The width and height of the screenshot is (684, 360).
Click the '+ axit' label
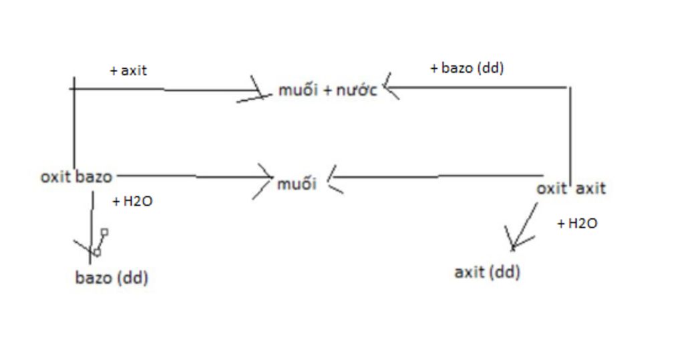[128, 70]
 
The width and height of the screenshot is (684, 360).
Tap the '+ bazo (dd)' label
[467, 67]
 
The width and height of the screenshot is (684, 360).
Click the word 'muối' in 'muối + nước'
[298, 90]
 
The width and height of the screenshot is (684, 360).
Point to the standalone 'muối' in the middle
[297, 183]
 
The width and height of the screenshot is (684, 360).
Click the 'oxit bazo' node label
[76, 177]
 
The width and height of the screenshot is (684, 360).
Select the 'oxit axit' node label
[571, 188]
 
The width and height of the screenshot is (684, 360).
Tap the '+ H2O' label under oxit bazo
[133, 201]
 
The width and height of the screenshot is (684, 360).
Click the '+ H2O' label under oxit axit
[577, 224]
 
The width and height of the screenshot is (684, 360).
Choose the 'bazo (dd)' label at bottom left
[112, 278]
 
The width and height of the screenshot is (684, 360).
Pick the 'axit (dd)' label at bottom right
[487, 272]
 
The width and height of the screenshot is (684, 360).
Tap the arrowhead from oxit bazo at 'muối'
[267, 178]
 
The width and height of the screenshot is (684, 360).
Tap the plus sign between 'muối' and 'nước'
[327, 91]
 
